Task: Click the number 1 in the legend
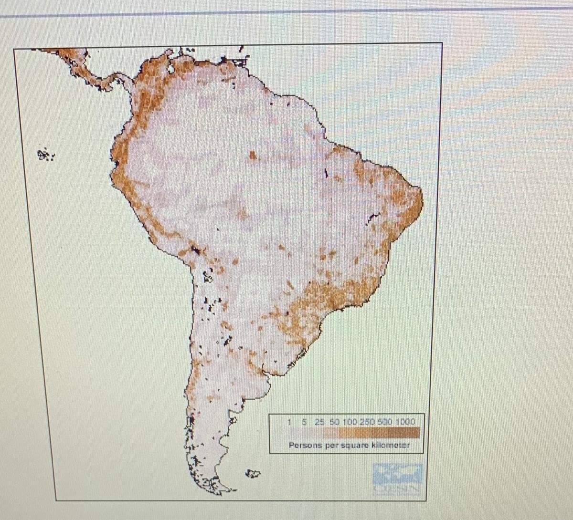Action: click(289, 422)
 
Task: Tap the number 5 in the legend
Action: click(304, 422)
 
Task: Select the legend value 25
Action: click(319, 422)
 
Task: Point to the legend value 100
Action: click(350, 422)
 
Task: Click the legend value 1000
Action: click(405, 422)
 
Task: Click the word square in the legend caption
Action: click(354, 445)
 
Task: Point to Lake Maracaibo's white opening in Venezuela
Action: click(171, 69)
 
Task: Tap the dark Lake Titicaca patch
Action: click(195, 250)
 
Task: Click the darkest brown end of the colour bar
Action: click(415, 433)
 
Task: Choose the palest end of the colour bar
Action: click(289, 433)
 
